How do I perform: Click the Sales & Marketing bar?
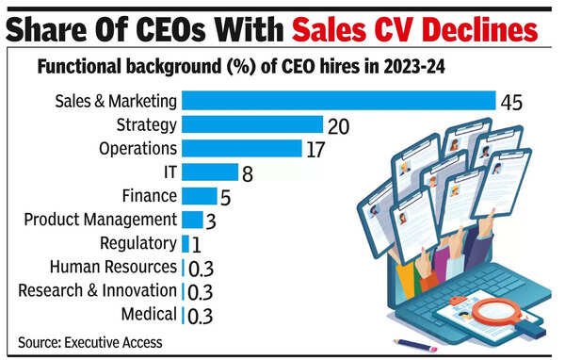point(338,101)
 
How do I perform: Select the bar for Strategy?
point(251,124)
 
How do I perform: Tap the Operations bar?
point(241,148)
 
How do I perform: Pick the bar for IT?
point(209,172)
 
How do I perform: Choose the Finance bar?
point(199,196)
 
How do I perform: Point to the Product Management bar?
point(191,220)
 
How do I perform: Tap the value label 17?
point(317,149)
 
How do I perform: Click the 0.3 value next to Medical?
point(199,316)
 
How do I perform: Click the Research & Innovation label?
point(97,291)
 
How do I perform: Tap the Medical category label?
point(149,315)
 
